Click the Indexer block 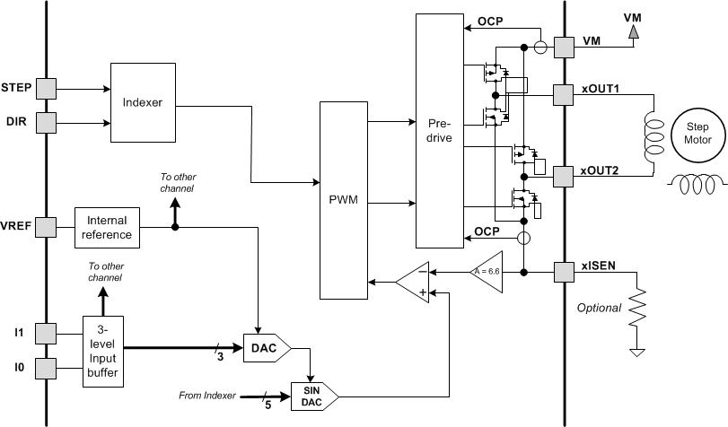point(143,101)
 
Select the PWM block point(344,200)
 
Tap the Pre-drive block point(439,130)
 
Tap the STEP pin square point(46,88)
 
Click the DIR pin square point(46,120)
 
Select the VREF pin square point(46,226)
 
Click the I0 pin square point(46,367)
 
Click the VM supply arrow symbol point(634,31)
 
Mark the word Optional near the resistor point(598,308)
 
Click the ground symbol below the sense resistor point(637,353)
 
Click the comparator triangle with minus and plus point(414,281)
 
